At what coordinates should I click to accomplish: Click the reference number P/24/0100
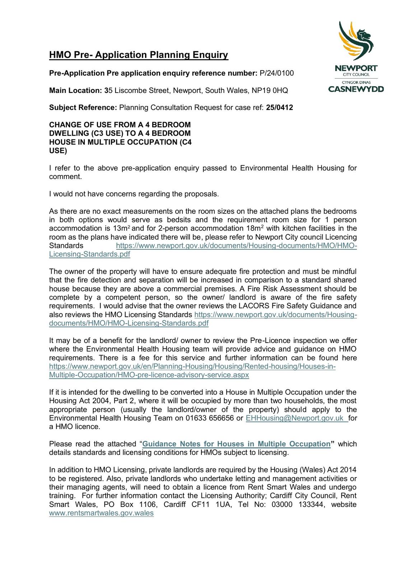coord(276,73)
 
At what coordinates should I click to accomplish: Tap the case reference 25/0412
coord(279,108)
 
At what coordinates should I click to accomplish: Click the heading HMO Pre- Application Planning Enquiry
coord(139,55)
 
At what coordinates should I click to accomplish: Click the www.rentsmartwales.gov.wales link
coord(101,513)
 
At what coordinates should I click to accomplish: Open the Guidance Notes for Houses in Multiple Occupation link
coord(236,444)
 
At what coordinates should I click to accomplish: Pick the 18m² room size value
coord(257,229)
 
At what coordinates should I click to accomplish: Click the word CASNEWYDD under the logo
coord(356,89)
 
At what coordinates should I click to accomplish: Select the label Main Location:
coord(75,90)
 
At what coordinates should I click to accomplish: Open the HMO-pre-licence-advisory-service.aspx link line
coord(149,375)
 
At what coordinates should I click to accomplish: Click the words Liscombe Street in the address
coord(142,90)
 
